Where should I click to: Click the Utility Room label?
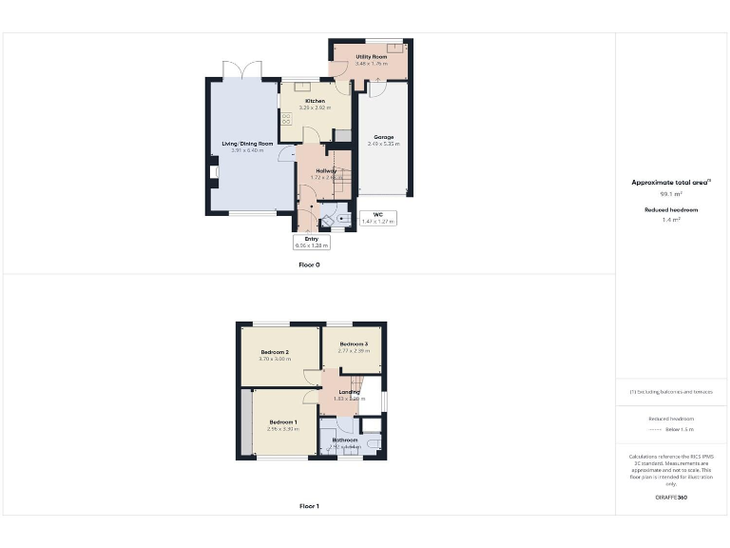372,57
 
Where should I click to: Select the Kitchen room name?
315,101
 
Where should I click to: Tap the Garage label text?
383,137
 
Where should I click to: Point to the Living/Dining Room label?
247,144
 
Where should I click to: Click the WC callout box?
377,218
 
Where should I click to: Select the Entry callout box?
311,242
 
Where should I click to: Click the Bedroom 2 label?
275,352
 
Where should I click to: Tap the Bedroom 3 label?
354,343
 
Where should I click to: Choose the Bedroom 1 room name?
282,422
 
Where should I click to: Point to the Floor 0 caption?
309,264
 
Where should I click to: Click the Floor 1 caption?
309,506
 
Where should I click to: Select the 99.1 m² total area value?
671,193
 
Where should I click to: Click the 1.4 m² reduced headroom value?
671,219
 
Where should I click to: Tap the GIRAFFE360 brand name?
671,499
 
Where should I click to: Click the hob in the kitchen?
285,119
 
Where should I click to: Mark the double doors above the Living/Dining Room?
241,69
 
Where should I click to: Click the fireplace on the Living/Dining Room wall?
212,172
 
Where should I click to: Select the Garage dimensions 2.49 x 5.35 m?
383,144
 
